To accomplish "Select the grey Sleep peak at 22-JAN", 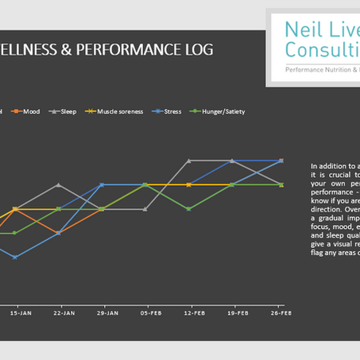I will point(58,184).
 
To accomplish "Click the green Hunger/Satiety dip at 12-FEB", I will point(188,209).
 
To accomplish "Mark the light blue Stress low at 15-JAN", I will point(15,257).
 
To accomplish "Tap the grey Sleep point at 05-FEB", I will point(145,209).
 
